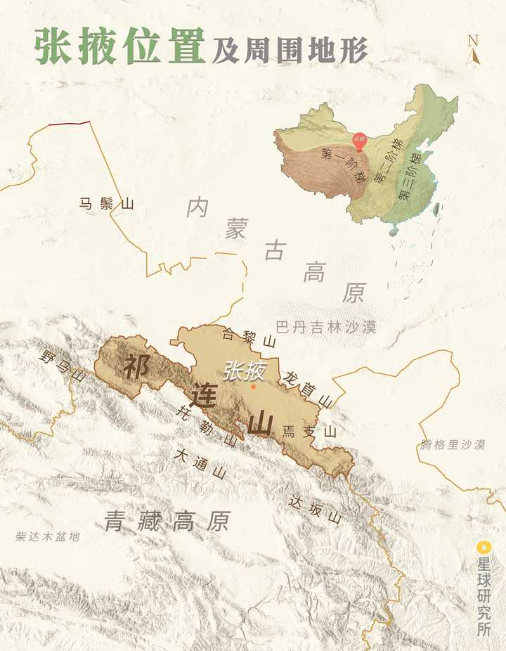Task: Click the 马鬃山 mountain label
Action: pyautogui.click(x=106, y=205)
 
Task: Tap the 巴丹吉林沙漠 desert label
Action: pyautogui.click(x=326, y=327)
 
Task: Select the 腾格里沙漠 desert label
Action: pyautogui.click(x=453, y=444)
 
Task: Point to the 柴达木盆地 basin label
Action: pyautogui.click(x=48, y=537)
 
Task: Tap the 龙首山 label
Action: pyautogui.click(x=306, y=388)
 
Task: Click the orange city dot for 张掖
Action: pyautogui.click(x=254, y=386)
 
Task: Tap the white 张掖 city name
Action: pyautogui.click(x=244, y=370)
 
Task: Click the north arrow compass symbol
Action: pyautogui.click(x=473, y=51)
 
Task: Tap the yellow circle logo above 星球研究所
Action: pyautogui.click(x=482, y=546)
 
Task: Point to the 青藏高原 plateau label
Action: pyautogui.click(x=167, y=521)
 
